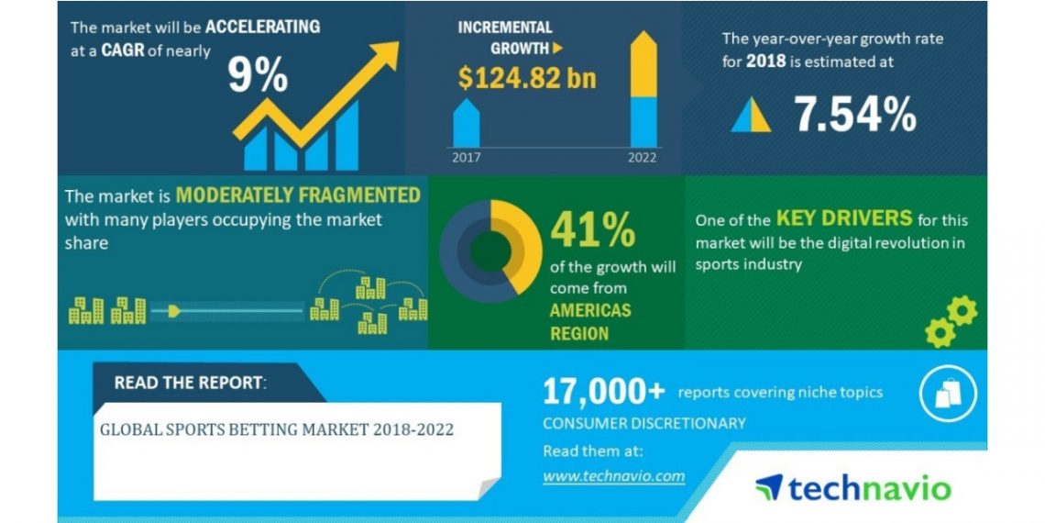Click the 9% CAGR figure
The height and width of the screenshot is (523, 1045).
click(x=258, y=74)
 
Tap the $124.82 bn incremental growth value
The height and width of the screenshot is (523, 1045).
click(x=526, y=78)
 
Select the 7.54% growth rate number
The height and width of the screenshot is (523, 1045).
click(x=855, y=114)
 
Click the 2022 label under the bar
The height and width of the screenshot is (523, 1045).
click(x=643, y=158)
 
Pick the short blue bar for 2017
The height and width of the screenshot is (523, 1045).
click(x=466, y=123)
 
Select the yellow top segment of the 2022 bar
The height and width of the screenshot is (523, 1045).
click(x=643, y=64)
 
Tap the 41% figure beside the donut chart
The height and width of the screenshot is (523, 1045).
click(x=592, y=231)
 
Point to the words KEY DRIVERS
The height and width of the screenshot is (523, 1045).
click(x=843, y=218)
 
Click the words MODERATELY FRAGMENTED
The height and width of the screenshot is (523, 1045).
click(x=298, y=195)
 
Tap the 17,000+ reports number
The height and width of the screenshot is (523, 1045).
click(x=604, y=392)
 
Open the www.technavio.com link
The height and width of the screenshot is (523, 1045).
click(x=614, y=476)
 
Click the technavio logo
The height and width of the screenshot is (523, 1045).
click(x=853, y=487)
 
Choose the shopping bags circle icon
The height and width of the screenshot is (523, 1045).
click(x=948, y=394)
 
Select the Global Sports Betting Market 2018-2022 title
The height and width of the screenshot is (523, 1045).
click(x=277, y=429)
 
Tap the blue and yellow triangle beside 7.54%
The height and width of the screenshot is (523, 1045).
click(x=751, y=115)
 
